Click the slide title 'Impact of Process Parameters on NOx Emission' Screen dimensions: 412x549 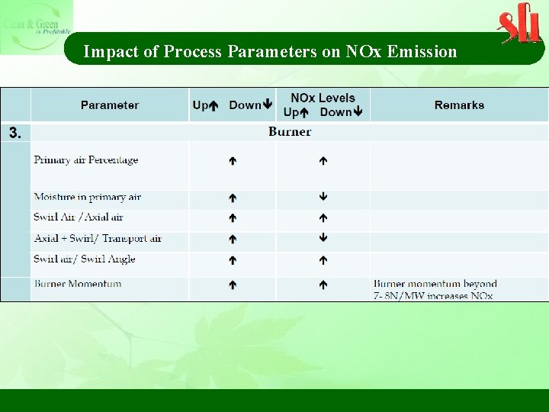pyautogui.click(x=270, y=52)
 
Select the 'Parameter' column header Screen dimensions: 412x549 pyautogui.click(x=110, y=105)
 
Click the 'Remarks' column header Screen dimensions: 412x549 pyautogui.click(x=459, y=105)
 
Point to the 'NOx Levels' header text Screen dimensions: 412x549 pyautogui.click(x=323, y=98)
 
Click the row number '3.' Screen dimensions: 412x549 pyautogui.click(x=15, y=133)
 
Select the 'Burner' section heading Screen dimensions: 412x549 pyautogui.click(x=290, y=132)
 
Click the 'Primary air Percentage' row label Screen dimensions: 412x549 pyautogui.click(x=86, y=160)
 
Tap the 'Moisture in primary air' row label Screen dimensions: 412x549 pyautogui.click(x=88, y=197)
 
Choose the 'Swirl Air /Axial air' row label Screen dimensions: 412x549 pyautogui.click(x=79, y=217)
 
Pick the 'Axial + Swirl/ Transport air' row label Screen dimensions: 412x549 pyautogui.click(x=98, y=239)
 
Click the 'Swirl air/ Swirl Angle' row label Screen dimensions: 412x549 pyautogui.click(x=85, y=259)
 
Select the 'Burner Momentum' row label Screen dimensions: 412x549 pyautogui.click(x=78, y=284)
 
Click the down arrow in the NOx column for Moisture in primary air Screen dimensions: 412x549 pyautogui.click(x=323, y=197)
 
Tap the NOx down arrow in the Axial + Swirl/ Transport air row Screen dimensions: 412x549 pyautogui.click(x=323, y=238)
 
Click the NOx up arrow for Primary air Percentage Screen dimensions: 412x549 pyautogui.click(x=323, y=161)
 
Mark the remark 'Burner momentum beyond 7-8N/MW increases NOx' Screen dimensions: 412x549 pyautogui.click(x=435, y=289)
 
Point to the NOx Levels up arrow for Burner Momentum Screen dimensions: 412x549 pyautogui.click(x=323, y=285)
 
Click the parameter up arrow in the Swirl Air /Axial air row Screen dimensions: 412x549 pyautogui.click(x=233, y=218)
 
